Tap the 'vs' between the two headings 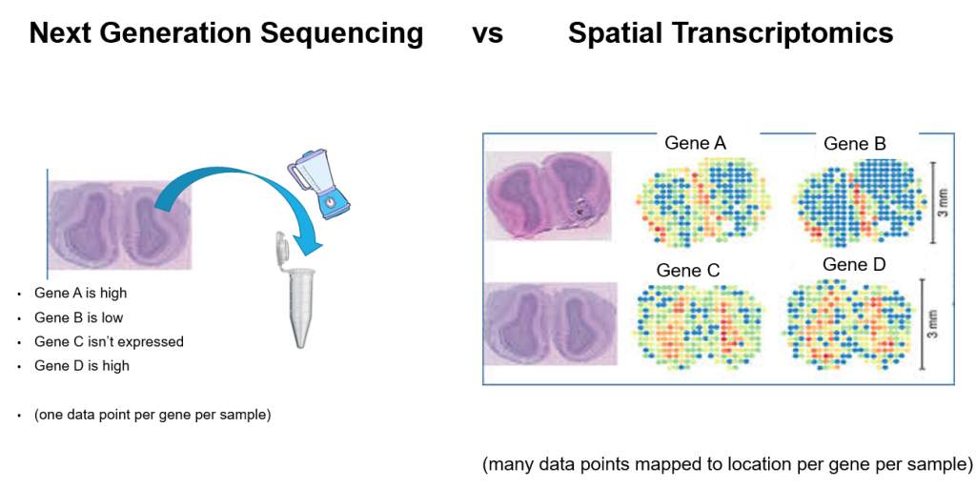tap(487, 34)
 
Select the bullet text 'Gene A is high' tap(80, 294)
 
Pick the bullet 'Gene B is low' tap(78, 317)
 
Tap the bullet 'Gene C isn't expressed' tap(109, 341)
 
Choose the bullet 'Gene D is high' tap(81, 365)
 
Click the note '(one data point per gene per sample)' tap(152, 415)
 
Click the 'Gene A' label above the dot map tap(695, 143)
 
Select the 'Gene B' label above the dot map tap(854, 144)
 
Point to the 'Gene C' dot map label tap(687, 271)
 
